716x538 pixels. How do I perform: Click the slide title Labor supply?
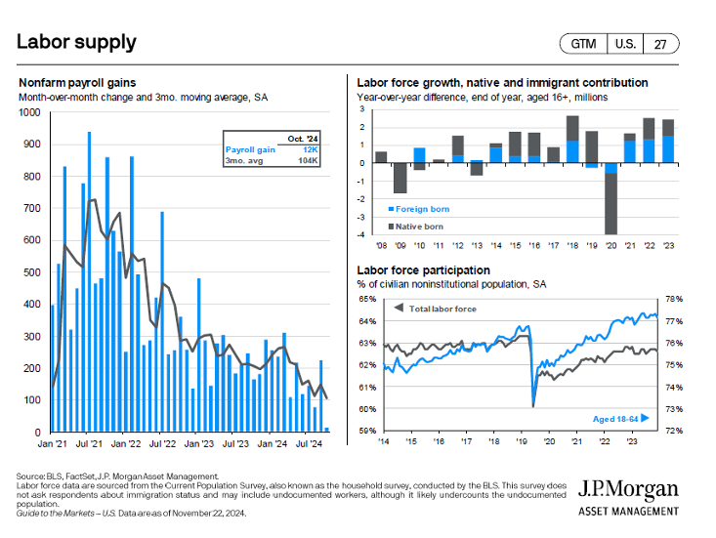[x=76, y=42]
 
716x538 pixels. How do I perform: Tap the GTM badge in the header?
[x=582, y=44]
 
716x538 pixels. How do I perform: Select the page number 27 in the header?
[x=660, y=44]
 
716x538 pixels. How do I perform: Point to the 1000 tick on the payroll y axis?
[x=30, y=112]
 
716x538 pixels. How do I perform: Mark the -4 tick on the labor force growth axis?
[x=362, y=234]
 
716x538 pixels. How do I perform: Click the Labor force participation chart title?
[x=424, y=269]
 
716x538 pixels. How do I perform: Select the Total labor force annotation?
[x=438, y=309]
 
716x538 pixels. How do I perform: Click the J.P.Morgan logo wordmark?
[x=627, y=490]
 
